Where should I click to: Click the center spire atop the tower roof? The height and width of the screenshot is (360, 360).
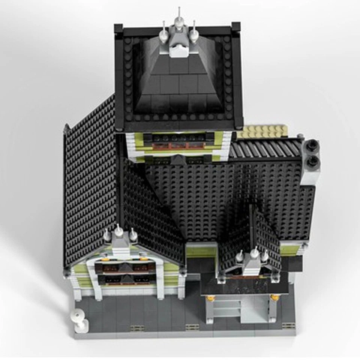[179, 17]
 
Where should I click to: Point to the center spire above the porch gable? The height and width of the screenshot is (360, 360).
[254, 255]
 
